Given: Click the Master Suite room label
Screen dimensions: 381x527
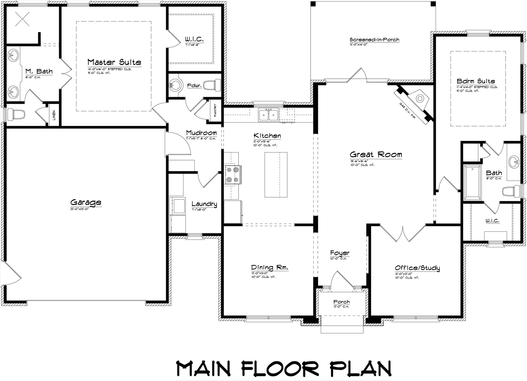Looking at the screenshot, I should [x=114, y=62].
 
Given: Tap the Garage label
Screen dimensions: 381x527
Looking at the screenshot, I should [x=86, y=202].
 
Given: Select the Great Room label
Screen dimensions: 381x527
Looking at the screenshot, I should [x=376, y=155].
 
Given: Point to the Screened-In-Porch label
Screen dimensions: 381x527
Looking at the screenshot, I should [x=374, y=40].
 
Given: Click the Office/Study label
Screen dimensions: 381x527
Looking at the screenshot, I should [x=417, y=268].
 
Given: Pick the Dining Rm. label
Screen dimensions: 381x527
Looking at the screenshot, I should [x=270, y=268].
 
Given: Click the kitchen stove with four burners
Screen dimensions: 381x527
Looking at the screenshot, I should [x=232, y=175].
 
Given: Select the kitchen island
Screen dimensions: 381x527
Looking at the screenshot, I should [x=276, y=175].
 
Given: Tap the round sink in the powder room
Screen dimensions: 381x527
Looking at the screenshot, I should [x=175, y=85].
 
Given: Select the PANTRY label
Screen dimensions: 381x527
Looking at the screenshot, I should [x=215, y=110].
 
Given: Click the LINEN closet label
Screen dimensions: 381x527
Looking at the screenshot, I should [x=54, y=115].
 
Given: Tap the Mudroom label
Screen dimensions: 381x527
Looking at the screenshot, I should [x=201, y=133].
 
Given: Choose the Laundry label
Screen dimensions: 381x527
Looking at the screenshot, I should [x=204, y=204].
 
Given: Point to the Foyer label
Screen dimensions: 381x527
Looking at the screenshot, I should [x=340, y=253].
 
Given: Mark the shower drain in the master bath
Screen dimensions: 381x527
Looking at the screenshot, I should [x=23, y=19].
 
